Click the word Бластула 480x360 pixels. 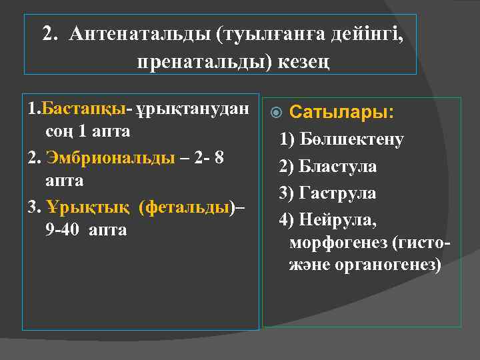[337, 166]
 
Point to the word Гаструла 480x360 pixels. [337, 193]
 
